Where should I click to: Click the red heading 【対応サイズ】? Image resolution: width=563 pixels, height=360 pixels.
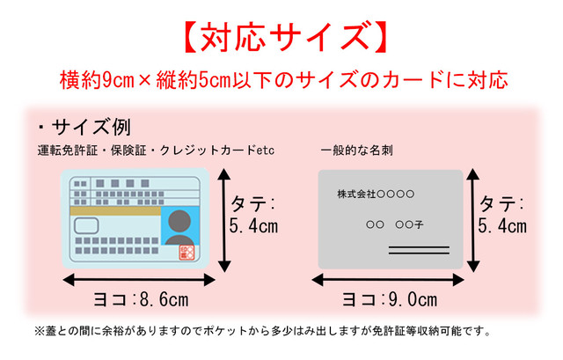click(285, 37)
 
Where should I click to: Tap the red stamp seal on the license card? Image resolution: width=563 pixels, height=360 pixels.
click(186, 253)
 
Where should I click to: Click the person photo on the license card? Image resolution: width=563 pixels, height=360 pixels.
click(179, 226)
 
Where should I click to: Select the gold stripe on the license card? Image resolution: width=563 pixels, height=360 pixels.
click(115, 211)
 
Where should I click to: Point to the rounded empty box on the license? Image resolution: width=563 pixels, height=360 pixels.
click(86, 226)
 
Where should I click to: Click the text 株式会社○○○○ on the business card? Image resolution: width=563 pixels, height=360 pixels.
click(376, 194)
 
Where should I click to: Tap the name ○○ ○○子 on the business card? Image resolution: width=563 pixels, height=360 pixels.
click(395, 225)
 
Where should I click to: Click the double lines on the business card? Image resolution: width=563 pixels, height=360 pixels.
click(419, 250)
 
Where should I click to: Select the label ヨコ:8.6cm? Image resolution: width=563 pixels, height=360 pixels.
click(141, 299)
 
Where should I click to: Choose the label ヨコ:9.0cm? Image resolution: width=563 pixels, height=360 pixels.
click(390, 299)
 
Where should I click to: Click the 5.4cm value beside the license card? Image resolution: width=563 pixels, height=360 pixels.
click(253, 226)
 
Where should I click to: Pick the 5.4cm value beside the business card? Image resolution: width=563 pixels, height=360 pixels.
click(502, 226)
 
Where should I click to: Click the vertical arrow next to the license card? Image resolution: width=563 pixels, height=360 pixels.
click(224, 220)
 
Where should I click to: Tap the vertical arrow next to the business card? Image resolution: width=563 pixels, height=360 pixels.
click(473, 220)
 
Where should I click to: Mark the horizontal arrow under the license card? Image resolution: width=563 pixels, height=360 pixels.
click(139, 280)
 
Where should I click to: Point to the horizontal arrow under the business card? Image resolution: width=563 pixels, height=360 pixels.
click(388, 280)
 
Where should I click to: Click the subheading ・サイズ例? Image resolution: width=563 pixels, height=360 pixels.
click(84, 127)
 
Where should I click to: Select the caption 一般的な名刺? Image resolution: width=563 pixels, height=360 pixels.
click(357, 151)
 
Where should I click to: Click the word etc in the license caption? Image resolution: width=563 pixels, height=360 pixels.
click(266, 151)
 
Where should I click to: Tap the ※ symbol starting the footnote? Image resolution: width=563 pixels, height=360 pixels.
click(39, 331)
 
